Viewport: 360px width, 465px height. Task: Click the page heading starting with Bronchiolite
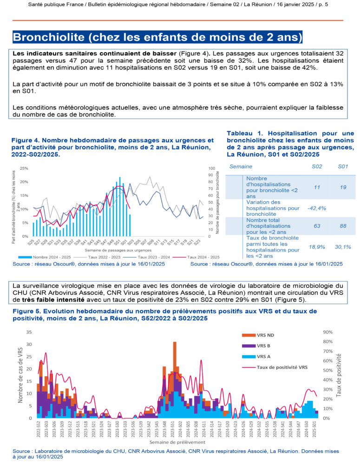pos(157,37)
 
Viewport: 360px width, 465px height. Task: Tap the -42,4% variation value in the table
pos(316,208)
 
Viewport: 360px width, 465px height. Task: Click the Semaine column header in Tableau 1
pos(241,166)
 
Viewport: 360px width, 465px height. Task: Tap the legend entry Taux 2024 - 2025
pos(203,256)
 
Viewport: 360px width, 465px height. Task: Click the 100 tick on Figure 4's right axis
pos(211,168)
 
